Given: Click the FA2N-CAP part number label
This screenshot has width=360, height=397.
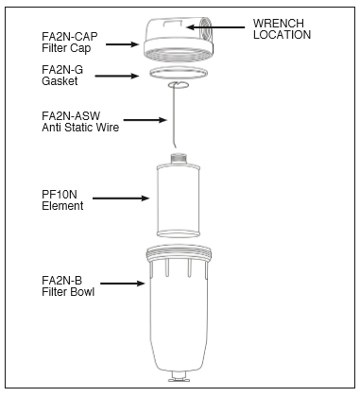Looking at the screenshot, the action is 70,37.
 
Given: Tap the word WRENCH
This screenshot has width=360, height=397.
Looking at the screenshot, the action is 279,23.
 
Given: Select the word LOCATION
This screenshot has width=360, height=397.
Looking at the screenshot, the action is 282,35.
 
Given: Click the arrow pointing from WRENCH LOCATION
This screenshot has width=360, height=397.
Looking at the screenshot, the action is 215,27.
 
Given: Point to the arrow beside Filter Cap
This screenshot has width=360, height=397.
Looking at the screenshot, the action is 122,44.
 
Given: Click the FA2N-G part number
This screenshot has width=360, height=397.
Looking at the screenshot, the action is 62,69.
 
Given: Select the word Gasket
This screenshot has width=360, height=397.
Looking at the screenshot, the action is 60,81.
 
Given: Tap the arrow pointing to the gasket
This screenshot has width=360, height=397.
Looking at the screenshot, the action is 117,76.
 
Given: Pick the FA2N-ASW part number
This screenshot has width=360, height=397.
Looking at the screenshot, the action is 71,116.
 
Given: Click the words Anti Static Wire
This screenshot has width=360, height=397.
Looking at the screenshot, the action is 80,128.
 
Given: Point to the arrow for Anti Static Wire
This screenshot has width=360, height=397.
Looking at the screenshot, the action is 145,120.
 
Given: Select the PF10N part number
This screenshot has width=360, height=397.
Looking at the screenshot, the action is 60,195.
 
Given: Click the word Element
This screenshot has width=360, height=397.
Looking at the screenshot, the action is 62,206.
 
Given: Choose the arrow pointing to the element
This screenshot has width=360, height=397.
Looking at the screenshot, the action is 121,198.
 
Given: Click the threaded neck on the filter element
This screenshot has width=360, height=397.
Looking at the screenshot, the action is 179,159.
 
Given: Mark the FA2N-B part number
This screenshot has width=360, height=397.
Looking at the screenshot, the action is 61,281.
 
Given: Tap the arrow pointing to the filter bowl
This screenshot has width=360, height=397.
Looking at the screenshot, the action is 123,284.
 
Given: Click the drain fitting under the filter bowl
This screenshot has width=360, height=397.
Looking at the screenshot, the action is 180,376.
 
